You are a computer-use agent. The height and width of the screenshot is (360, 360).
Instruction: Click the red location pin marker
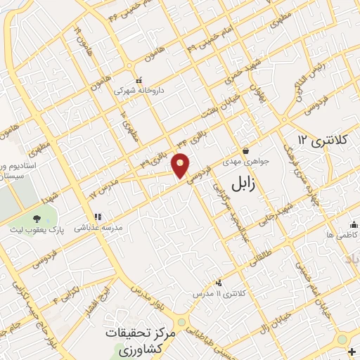click(181, 165)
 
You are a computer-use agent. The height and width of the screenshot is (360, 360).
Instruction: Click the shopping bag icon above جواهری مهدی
click(245, 150)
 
